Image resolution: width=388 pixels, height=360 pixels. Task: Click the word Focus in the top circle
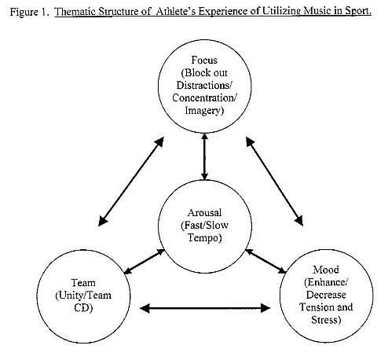click(x=203, y=60)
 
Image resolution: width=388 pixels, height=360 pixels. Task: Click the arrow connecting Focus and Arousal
click(x=204, y=156)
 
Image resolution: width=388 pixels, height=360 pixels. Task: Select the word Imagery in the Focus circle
click(x=204, y=110)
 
